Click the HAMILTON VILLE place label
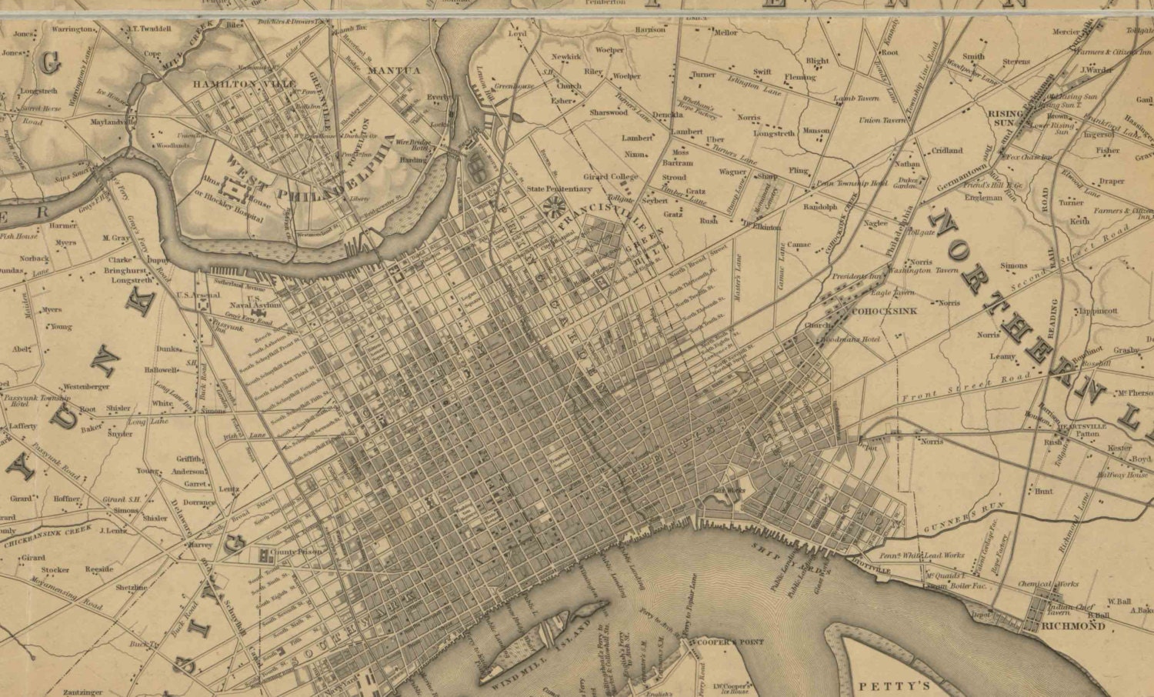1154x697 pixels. point(223,84)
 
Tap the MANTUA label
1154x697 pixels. point(394,71)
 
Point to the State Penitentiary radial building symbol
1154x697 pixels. point(552,205)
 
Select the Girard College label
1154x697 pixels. point(611,177)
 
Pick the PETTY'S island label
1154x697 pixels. point(895,685)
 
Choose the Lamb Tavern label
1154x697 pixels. point(856,98)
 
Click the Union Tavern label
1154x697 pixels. point(882,120)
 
